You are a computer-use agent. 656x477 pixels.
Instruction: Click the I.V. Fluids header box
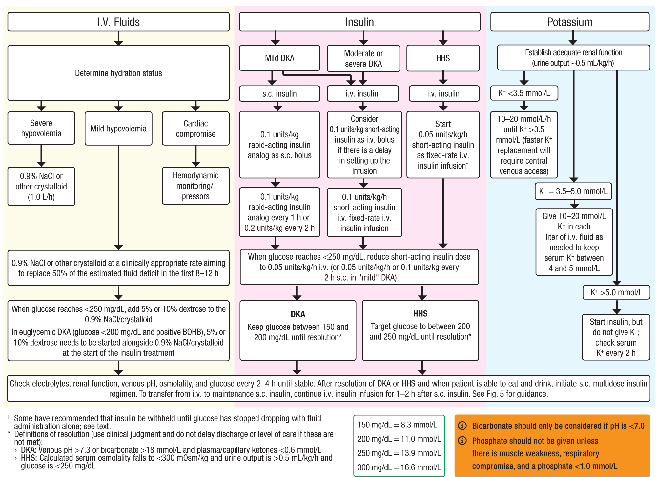tap(118, 22)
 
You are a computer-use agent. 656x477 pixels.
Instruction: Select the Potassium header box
tap(570, 22)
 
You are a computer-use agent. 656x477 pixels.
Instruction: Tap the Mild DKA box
tap(279, 58)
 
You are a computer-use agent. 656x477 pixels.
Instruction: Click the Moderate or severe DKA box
tap(363, 58)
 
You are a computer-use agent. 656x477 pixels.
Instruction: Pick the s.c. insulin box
tap(279, 94)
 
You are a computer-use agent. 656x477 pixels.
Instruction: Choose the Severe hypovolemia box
tap(41, 128)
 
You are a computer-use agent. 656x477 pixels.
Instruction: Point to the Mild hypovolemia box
tap(118, 129)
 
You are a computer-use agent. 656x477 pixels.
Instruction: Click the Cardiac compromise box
tap(195, 129)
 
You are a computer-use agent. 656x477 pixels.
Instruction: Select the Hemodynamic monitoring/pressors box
tap(195, 186)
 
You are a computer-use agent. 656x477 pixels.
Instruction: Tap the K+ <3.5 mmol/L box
tap(524, 93)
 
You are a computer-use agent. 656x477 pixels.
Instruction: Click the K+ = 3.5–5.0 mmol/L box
tap(573, 191)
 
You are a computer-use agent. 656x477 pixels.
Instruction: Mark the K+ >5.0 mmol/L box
tap(616, 292)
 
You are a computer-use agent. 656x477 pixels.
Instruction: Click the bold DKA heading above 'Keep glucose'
tap(298, 314)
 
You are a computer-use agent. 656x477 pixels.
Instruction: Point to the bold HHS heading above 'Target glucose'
tap(420, 314)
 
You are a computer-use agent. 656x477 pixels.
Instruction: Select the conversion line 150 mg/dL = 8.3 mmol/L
tap(397, 425)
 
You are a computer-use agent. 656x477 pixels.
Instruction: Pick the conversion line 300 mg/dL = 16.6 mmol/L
tap(399, 467)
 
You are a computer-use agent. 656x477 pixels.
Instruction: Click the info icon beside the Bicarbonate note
tap(462, 426)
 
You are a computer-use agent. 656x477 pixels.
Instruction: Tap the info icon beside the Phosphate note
tap(462, 441)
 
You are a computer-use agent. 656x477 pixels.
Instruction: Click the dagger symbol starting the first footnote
tap(9, 417)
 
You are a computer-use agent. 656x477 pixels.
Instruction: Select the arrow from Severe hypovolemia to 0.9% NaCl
tap(41, 156)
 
